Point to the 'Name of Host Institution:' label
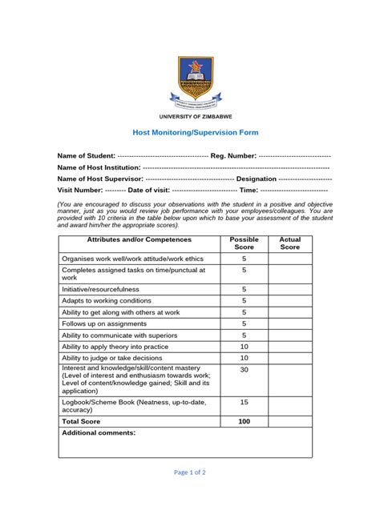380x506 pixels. click(99, 167)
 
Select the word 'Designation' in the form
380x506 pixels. click(257, 179)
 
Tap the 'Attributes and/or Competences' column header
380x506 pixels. click(139, 240)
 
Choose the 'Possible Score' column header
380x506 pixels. click(244, 243)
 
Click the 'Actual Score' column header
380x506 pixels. click(289, 243)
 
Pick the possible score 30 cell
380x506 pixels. click(244, 370)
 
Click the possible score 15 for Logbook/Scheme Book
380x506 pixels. click(244, 402)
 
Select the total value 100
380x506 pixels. click(244, 420)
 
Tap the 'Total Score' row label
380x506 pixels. click(81, 420)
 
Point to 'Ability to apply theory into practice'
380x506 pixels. click(115, 347)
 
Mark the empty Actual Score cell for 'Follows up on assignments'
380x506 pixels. click(289, 323)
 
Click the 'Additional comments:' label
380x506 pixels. click(99, 432)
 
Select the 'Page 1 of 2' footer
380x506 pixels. click(189, 472)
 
